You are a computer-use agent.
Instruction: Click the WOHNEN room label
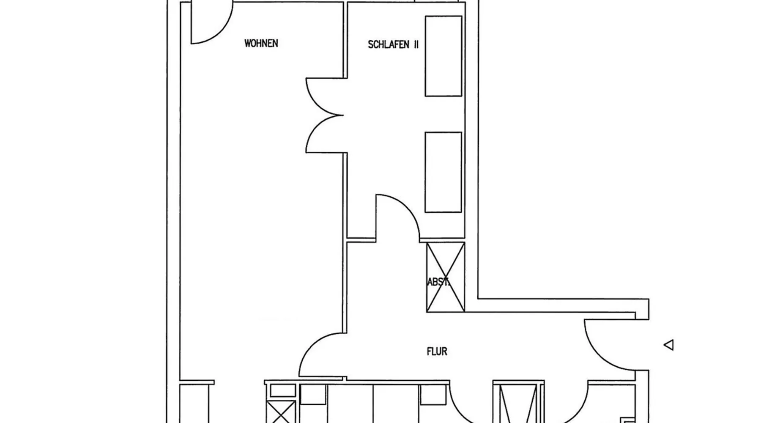pos(261,43)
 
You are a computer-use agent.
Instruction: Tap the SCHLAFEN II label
pos(393,44)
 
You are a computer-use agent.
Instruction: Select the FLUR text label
pos(437,351)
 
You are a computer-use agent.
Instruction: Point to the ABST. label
pos(438,282)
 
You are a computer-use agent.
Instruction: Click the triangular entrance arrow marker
pos(669,345)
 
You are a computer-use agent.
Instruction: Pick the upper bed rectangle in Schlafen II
pos(443,56)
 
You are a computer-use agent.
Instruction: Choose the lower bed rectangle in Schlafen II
pos(443,172)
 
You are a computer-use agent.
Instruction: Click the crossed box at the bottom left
pos(281,412)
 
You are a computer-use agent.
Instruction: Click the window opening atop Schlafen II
pos(436,1)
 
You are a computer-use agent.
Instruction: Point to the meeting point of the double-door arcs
pos(342,115)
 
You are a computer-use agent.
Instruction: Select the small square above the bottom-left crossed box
pos(282,390)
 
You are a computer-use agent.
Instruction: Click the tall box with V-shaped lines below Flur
pos(517,404)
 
